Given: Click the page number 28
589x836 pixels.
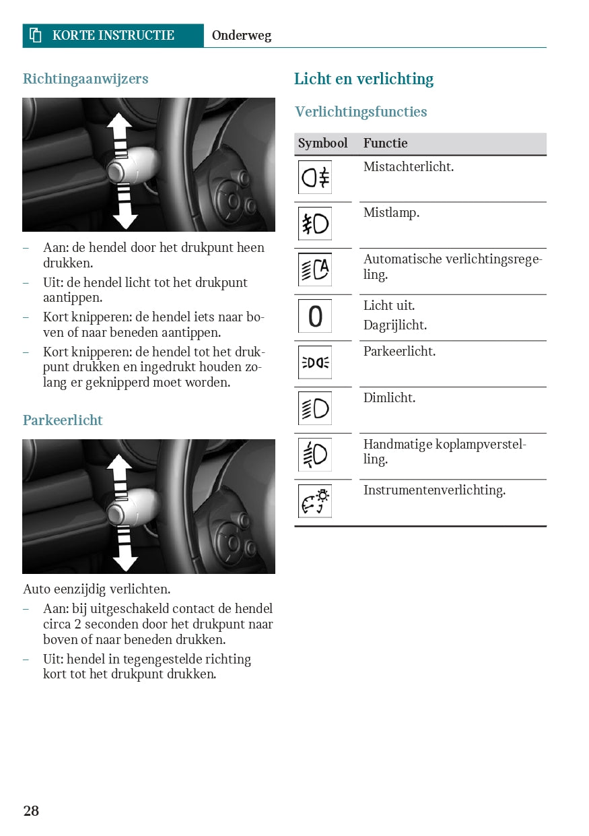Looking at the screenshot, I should coord(31,810).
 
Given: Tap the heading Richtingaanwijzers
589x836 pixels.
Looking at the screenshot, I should coord(85,79).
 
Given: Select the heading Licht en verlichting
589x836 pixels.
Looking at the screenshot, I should coord(363,79).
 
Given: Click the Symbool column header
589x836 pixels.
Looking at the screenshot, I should coord(322,143).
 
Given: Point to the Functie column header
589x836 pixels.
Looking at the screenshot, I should coord(385,143).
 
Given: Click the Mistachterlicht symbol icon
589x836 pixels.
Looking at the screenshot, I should coord(315,178).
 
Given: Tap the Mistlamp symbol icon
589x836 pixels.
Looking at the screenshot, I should coord(315,224).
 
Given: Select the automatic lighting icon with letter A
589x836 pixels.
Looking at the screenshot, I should coord(315,269).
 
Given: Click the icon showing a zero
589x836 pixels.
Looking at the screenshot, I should coord(315,316).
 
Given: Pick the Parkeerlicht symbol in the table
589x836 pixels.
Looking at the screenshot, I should coord(315,362).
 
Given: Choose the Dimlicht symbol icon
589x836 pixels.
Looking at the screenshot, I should coord(315,408).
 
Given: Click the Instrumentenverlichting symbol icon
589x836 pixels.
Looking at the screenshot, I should coord(315,501).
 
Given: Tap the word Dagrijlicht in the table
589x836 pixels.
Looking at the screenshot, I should coord(395,325).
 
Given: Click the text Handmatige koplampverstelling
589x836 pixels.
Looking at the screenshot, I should coord(444,452).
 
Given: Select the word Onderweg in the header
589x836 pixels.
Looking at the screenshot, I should coord(241,36).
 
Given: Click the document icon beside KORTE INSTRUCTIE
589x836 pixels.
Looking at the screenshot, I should coord(36,36).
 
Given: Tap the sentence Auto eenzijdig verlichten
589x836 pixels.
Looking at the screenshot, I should coord(96,589).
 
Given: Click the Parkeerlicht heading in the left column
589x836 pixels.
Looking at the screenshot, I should coord(63,420).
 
